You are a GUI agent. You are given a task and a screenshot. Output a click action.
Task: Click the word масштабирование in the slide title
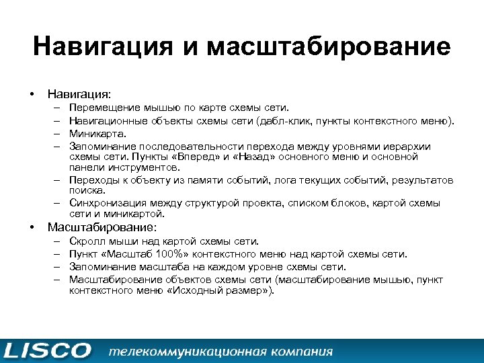[329, 47]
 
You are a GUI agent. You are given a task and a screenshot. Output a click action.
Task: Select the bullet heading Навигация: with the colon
[79, 92]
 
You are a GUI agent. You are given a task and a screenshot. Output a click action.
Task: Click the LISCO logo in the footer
[47, 351]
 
